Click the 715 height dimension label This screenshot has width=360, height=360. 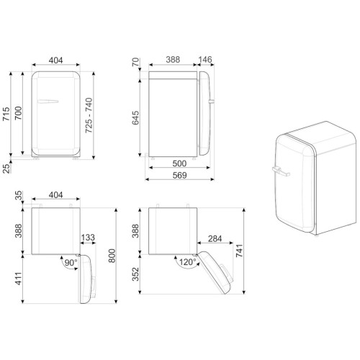coord(6,114)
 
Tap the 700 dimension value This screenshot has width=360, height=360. coord(18,113)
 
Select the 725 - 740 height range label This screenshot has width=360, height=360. coord(89,115)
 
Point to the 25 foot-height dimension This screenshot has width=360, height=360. coord(6,168)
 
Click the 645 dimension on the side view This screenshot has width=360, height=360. coord(135,117)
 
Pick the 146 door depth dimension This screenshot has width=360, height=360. coord(205,59)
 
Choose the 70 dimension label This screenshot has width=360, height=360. coord(135,62)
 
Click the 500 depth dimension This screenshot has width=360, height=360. coord(179,163)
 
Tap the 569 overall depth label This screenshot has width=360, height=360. coord(179,175)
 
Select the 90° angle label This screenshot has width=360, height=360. coord(71,263)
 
